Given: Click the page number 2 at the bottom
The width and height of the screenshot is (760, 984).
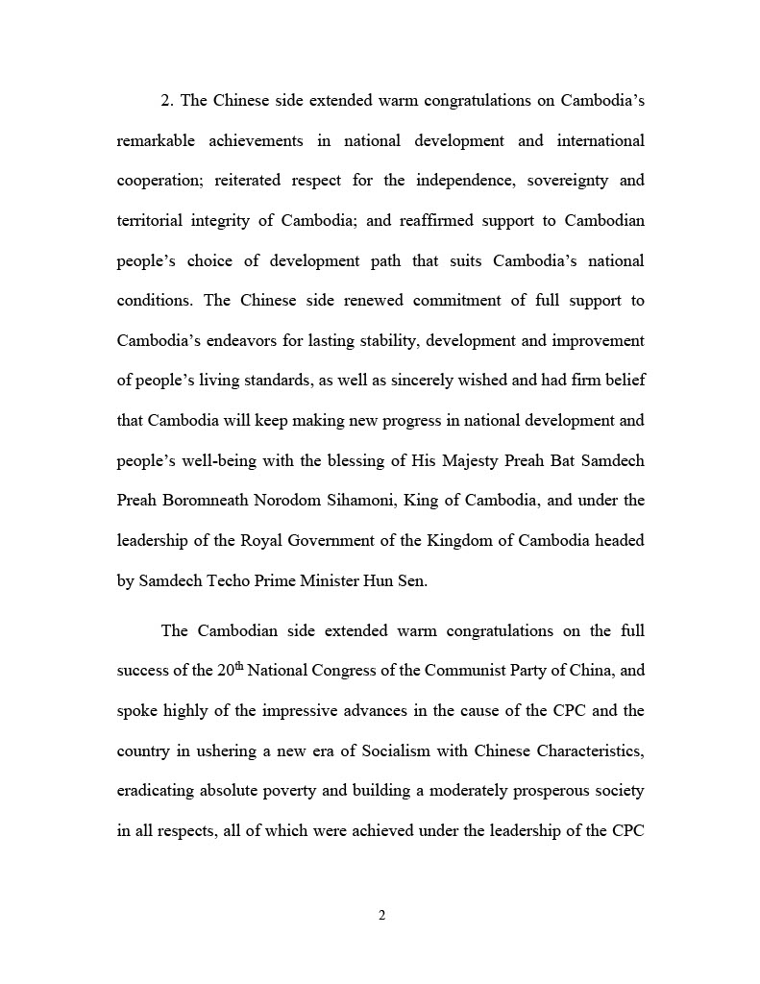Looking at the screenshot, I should [x=381, y=915].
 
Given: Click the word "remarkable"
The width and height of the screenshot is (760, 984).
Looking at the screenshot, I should [x=156, y=141].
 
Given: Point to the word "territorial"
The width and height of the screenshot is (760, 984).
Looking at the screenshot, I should [x=153, y=221].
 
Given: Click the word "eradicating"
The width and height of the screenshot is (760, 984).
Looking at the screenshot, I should [x=156, y=791].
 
